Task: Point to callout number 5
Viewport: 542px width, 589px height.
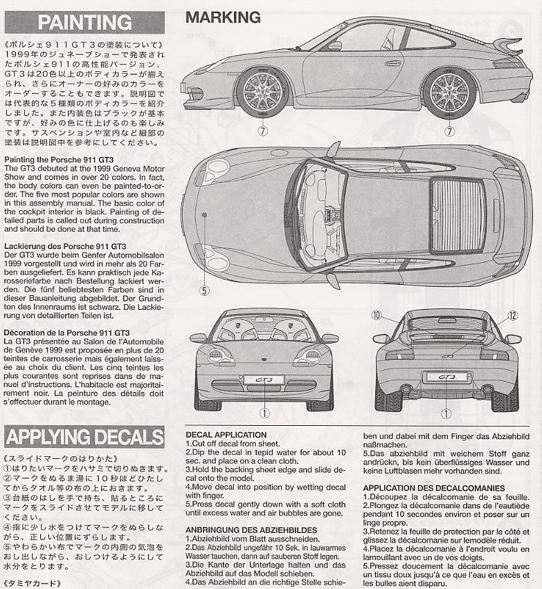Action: click(204, 290)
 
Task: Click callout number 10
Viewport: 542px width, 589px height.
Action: click(377, 315)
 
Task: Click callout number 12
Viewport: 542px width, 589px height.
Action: click(512, 315)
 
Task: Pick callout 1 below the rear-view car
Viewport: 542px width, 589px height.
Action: click(446, 413)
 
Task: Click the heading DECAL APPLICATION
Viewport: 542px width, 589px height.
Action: click(226, 435)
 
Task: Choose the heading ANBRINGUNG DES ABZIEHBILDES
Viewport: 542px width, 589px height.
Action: click(251, 530)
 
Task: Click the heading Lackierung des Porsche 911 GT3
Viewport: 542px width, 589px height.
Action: click(64, 245)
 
